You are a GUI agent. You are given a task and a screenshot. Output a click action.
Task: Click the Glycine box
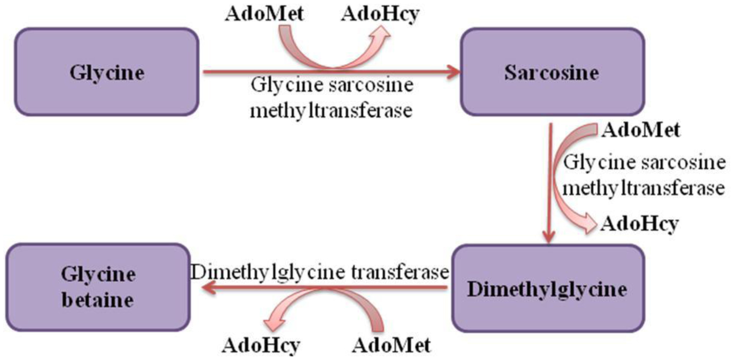[x=106, y=72]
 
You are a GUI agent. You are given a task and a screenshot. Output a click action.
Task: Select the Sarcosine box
[x=551, y=72]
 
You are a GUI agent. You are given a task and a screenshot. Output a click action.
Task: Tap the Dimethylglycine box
[x=547, y=289]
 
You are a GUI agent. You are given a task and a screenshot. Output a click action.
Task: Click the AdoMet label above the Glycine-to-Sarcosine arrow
[x=264, y=14]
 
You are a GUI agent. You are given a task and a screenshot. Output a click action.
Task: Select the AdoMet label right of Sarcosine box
[x=641, y=130]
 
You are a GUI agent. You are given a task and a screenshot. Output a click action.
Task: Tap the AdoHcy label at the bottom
[x=260, y=346]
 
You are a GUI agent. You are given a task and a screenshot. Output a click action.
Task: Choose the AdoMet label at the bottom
[x=391, y=346]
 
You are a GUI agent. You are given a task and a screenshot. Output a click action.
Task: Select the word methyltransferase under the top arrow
[x=331, y=110]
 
